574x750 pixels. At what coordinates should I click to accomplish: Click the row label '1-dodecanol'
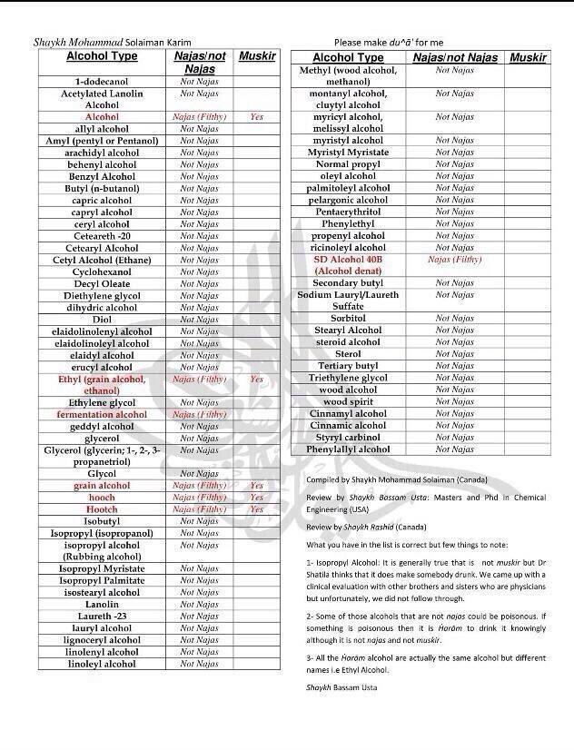102,82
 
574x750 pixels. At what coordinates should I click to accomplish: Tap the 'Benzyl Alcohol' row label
102,176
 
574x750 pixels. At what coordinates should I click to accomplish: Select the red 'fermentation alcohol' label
102,415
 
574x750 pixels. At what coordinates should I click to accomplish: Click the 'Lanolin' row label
102,604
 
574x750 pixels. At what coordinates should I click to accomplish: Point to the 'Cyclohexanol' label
102,271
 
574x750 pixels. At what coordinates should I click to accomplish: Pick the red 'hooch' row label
102,498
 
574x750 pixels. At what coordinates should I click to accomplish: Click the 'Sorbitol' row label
348,319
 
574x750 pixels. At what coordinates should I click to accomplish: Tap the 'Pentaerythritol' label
348,212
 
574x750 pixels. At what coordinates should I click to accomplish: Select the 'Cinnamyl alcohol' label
348,413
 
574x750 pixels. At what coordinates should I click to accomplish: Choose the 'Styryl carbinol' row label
348,437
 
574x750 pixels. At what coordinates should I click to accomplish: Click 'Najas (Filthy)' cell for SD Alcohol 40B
454,260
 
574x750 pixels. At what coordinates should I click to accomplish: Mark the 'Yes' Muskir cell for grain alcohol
256,486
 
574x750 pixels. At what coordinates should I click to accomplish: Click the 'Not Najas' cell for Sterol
454,354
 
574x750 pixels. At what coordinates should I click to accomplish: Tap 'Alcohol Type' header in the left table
102,56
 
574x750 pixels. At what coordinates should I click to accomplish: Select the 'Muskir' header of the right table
528,57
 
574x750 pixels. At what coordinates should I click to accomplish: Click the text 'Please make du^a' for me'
389,42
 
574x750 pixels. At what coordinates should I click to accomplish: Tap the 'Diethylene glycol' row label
102,296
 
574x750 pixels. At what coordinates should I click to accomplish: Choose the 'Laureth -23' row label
102,616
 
